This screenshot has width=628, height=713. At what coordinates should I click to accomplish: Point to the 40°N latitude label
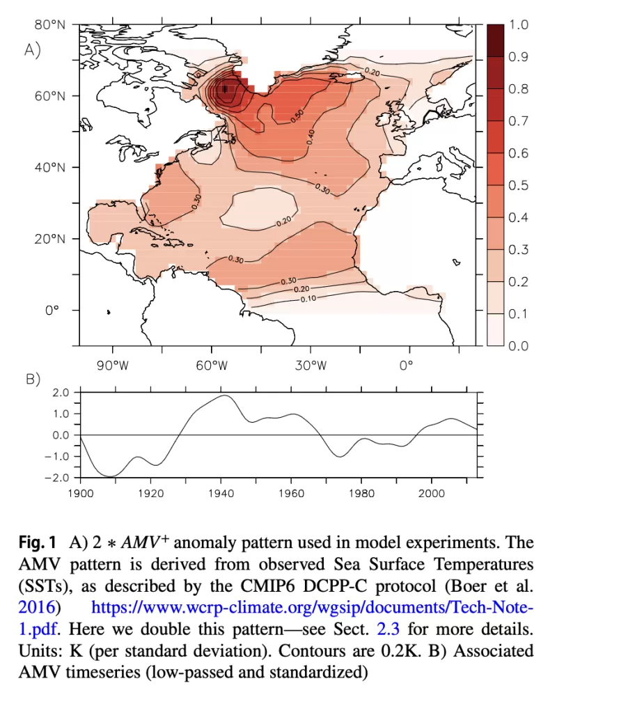point(49,167)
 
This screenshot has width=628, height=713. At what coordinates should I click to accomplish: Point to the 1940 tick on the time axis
point(221,494)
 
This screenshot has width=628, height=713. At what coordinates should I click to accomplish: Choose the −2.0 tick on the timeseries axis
point(61,478)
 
